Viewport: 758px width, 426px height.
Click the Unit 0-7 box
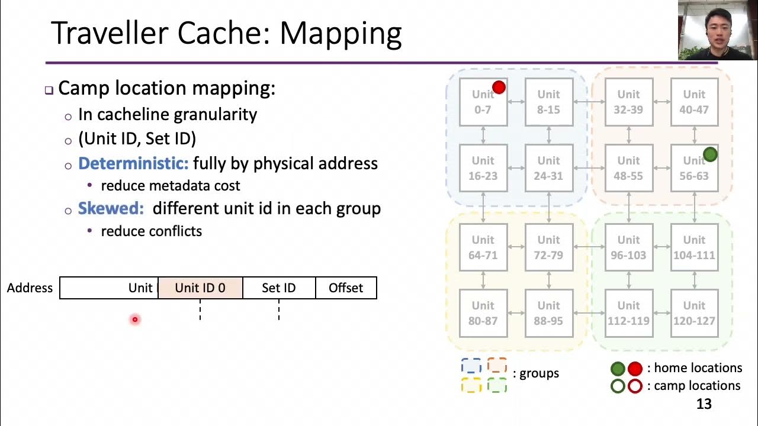(483, 102)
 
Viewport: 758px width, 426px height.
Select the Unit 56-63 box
(694, 168)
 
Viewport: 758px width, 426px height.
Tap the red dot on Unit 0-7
(499, 88)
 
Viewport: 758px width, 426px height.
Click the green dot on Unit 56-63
(709, 155)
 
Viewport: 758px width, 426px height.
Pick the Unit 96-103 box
(628, 247)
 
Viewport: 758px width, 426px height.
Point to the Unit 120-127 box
(694, 313)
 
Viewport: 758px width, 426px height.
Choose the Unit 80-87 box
(483, 313)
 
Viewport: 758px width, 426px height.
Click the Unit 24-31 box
(549, 168)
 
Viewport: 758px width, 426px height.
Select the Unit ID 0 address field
(200, 288)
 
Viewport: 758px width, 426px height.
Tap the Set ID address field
(279, 288)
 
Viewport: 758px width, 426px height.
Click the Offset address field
(346, 288)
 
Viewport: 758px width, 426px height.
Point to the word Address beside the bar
(30, 288)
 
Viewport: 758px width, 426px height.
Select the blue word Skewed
(111, 209)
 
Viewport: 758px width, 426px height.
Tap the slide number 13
(704, 404)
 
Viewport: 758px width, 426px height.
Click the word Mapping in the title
(341, 34)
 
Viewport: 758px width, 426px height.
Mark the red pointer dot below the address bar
(135, 319)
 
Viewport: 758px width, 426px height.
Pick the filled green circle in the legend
(618, 369)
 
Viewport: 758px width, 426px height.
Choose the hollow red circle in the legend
(635, 386)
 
